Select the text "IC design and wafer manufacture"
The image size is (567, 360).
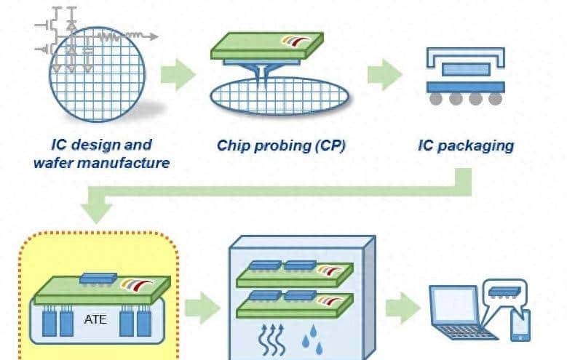point(101,153)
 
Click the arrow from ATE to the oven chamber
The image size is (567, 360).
point(202,309)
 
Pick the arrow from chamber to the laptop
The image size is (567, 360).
point(401,309)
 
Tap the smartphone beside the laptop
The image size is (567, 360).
point(520,326)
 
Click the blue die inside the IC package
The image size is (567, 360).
point(465,70)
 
